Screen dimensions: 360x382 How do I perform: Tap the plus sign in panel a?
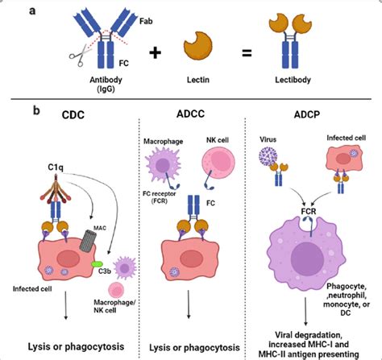pyautogui.click(x=155, y=54)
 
